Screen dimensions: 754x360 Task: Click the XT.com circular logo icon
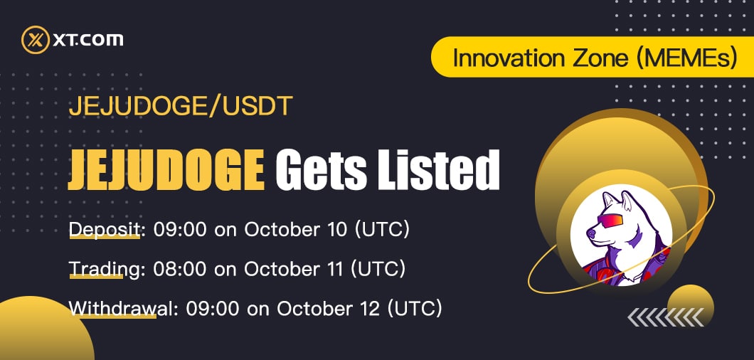coord(36,40)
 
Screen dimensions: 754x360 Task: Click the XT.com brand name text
coord(88,40)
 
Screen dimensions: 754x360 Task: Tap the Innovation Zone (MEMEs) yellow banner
coord(593,57)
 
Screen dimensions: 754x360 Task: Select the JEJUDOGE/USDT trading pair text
coord(181,107)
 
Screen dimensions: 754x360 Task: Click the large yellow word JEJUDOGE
coord(166,170)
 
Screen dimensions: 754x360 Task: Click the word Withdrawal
coord(120,309)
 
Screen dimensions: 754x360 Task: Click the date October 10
coord(295,230)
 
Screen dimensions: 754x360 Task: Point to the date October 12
coord(328,309)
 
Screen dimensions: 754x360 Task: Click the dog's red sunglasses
coord(610,221)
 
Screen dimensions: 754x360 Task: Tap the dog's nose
coord(590,234)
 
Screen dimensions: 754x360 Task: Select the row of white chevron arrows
coord(666,317)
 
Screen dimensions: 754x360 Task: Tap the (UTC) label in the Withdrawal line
coord(415,309)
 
